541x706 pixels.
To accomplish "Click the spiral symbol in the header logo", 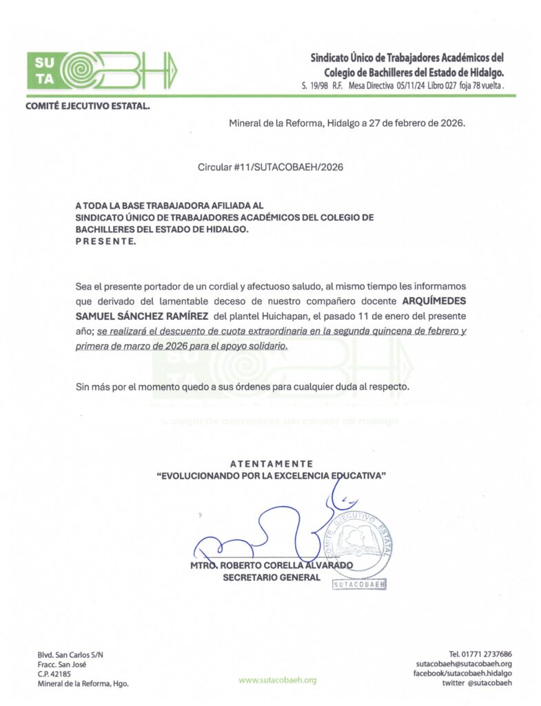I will click(79, 70).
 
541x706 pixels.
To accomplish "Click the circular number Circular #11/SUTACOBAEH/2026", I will click(270, 168).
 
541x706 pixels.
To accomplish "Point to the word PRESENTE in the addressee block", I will click(105, 242).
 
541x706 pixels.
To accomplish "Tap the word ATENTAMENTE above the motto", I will click(271, 464).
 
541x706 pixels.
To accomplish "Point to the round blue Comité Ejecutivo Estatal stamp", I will click(361, 545).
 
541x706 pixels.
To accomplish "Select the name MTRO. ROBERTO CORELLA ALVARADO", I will click(271, 565).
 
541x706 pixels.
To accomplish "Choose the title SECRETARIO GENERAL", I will click(271, 578).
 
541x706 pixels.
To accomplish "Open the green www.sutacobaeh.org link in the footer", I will click(278, 680).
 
